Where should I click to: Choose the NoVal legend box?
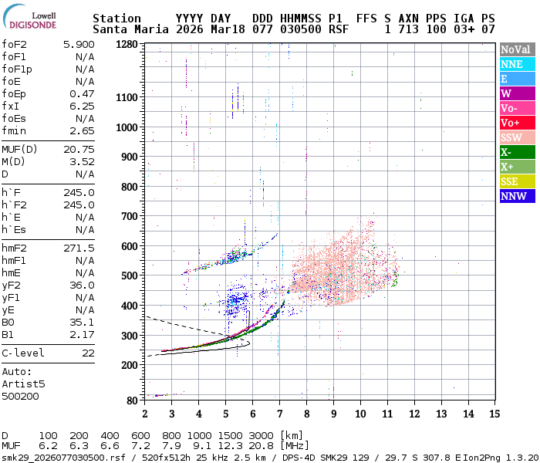coord(516,49)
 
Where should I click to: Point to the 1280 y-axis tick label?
coord(126,45)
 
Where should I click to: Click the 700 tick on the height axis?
coord(129,217)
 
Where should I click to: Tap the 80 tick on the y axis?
coord(132,400)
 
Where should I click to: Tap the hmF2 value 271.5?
coord(79,248)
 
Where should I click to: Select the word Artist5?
coord(23,384)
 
